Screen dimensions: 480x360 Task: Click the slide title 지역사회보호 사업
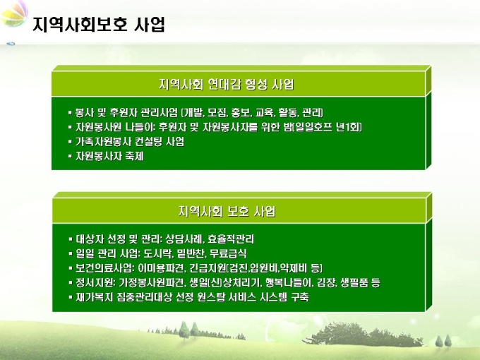pos(99,24)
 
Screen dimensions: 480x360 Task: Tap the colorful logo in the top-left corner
pos(14,14)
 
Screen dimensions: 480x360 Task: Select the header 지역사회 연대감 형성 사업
pos(226,84)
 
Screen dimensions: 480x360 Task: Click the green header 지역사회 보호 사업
pos(227,211)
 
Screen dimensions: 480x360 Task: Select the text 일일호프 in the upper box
pos(313,127)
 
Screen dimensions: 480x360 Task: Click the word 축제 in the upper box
pos(134,156)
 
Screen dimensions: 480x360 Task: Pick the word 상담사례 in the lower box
pos(184,239)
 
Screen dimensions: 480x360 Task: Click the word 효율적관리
pos(231,239)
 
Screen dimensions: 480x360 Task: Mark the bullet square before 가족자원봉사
pos(70,142)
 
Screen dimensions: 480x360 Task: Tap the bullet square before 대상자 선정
pos(70,239)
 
